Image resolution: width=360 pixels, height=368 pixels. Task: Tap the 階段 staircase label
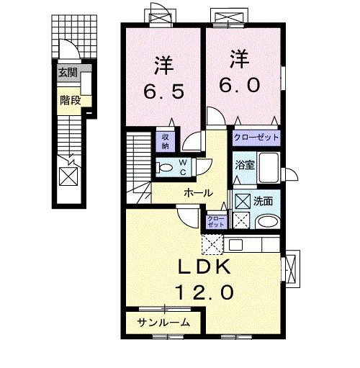(x=69, y=101)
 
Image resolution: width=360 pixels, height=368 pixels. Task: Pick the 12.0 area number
(x=204, y=293)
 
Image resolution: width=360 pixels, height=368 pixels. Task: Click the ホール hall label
(x=197, y=192)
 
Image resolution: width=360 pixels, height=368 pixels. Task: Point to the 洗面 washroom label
(x=263, y=201)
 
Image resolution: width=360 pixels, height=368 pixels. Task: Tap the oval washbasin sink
(x=267, y=222)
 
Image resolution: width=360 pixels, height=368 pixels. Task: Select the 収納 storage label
(x=165, y=140)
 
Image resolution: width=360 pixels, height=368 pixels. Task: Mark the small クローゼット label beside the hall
(x=215, y=222)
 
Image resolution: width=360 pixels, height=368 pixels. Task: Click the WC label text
(x=183, y=167)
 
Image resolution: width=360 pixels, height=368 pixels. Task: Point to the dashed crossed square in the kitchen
(x=213, y=245)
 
